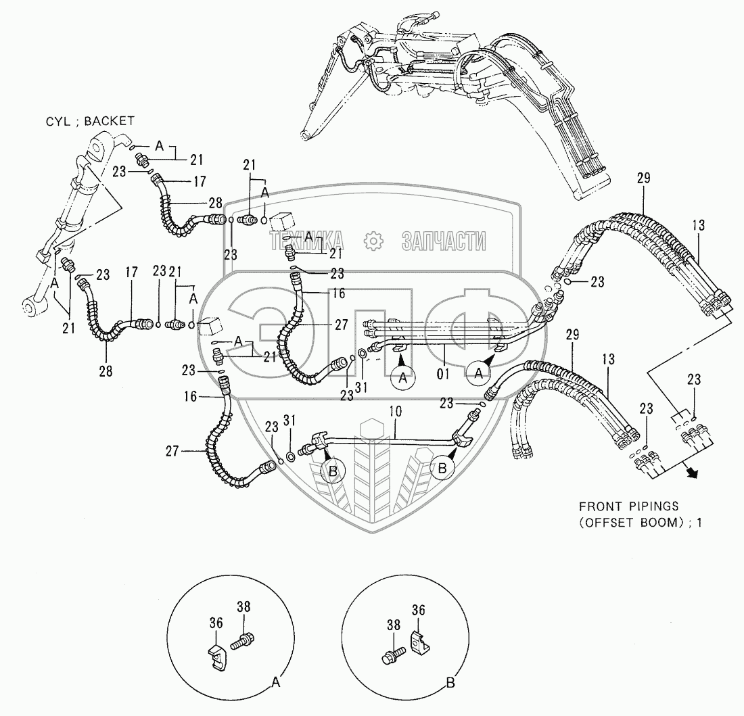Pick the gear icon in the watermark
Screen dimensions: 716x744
(373, 241)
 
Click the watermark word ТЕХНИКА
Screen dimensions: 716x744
(307, 241)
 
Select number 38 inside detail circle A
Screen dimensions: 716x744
(243, 607)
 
